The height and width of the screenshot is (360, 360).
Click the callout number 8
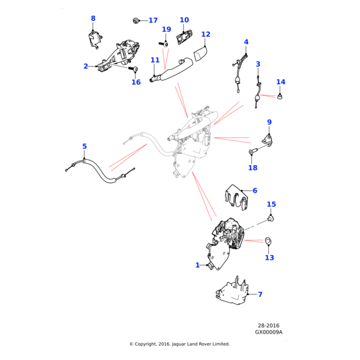pyautogui.click(x=93, y=19)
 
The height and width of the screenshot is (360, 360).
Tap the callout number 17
pyautogui.click(x=153, y=20)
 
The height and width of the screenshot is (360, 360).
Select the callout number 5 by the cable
pyautogui.click(x=85, y=146)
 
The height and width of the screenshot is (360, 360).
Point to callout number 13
pyautogui.click(x=269, y=257)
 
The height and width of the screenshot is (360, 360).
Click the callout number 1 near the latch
pyautogui.click(x=197, y=265)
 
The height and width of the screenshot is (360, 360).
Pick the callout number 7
pyautogui.click(x=260, y=295)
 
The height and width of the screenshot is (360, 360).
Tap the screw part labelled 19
pyautogui.click(x=166, y=43)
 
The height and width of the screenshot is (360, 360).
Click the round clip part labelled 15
pyautogui.click(x=271, y=218)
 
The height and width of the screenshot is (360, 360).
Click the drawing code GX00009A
pyautogui.click(x=268, y=332)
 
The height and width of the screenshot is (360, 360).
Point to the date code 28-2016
pyautogui.click(x=268, y=326)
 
